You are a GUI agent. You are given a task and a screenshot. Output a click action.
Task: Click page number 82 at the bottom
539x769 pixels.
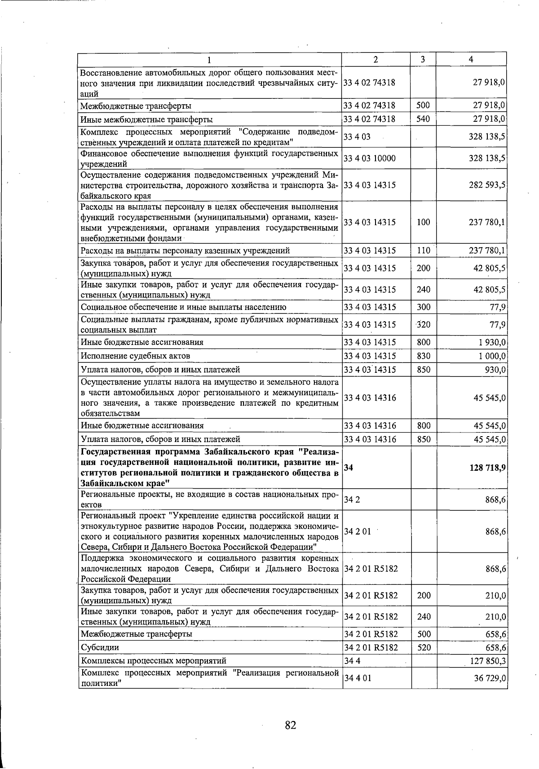pos(290,725)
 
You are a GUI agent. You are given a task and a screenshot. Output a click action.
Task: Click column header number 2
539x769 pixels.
pos(376,59)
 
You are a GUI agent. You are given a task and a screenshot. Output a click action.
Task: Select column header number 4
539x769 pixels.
pos(471,59)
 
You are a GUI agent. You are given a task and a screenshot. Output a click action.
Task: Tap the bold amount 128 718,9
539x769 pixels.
pos(487,468)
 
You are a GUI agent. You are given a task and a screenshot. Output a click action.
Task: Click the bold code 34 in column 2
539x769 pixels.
pos(349,468)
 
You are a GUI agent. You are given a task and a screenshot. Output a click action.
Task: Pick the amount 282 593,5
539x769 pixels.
pos(487,185)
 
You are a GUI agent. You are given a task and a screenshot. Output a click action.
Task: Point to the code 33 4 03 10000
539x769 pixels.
pos(370,159)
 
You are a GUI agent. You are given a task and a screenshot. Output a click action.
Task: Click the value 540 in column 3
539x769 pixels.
pos(423,119)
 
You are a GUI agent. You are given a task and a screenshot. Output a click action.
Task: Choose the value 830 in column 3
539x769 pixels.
pos(423,356)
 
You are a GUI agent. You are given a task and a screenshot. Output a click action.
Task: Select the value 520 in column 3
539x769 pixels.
pos(424,648)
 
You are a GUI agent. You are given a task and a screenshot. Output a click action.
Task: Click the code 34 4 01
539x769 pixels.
pos(358,678)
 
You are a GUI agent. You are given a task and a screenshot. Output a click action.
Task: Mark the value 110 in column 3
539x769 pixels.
pos(423,251)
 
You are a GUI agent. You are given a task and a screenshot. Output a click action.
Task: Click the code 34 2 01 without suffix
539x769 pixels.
pos(358,532)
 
